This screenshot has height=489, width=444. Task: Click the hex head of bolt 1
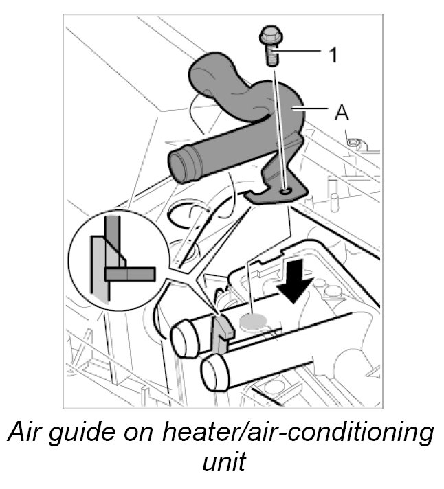[x=269, y=36]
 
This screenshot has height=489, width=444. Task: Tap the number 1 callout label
[x=332, y=55]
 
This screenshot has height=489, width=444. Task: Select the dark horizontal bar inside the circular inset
[x=130, y=273]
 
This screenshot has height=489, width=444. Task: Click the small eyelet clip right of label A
[x=353, y=143]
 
